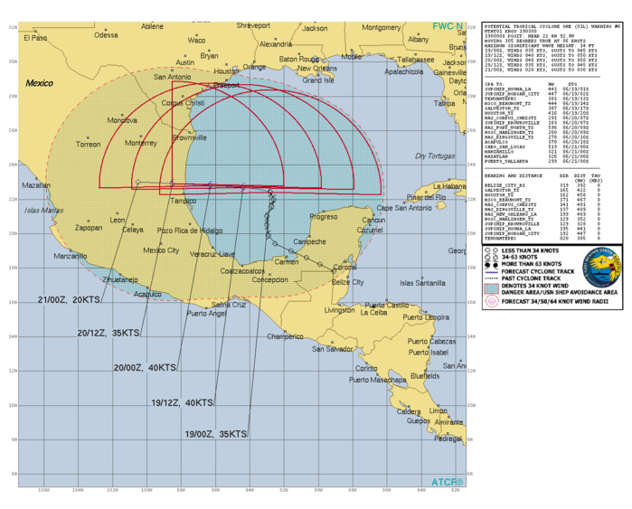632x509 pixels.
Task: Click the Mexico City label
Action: (x=162, y=250)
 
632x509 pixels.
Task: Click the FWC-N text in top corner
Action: (x=447, y=26)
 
